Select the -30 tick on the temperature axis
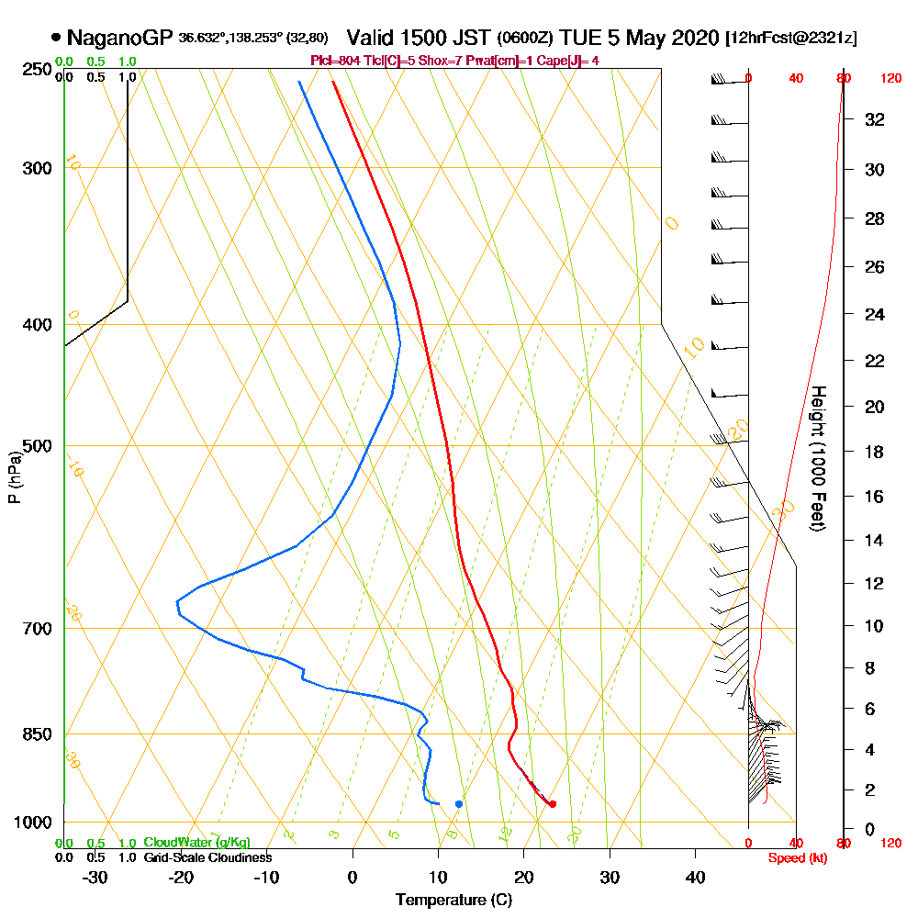[95, 877]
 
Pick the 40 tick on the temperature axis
[695, 877]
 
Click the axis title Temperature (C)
[453, 901]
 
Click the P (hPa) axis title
[14, 476]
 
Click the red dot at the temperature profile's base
[552, 804]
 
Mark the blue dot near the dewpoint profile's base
[459, 804]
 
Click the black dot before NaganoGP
[57, 38]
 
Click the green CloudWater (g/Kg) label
[196, 843]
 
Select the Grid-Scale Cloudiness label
[207, 857]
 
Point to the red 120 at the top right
[890, 78]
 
